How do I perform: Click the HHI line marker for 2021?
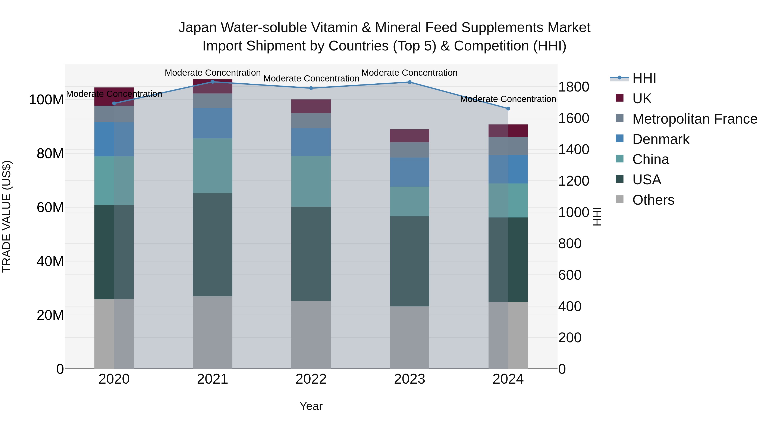[x=213, y=82]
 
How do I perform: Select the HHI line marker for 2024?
[x=508, y=108]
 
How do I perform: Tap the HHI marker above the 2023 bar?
[x=409, y=82]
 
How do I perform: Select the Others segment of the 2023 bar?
[x=409, y=337]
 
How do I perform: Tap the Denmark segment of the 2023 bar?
[x=409, y=172]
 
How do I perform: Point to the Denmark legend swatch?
[x=619, y=139]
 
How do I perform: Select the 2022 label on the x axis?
[x=311, y=379]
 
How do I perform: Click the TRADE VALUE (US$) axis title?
[x=7, y=216]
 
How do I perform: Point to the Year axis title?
[x=311, y=406]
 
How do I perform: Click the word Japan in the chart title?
[x=197, y=28]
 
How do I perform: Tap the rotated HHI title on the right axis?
[x=597, y=216]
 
